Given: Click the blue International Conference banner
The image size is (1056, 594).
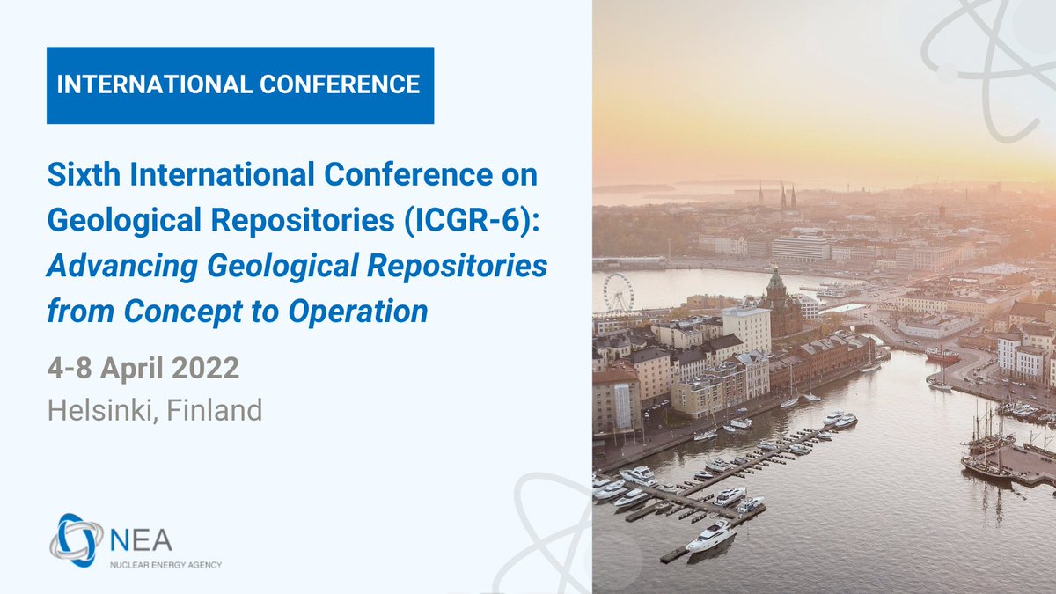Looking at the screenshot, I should point(239,85).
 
